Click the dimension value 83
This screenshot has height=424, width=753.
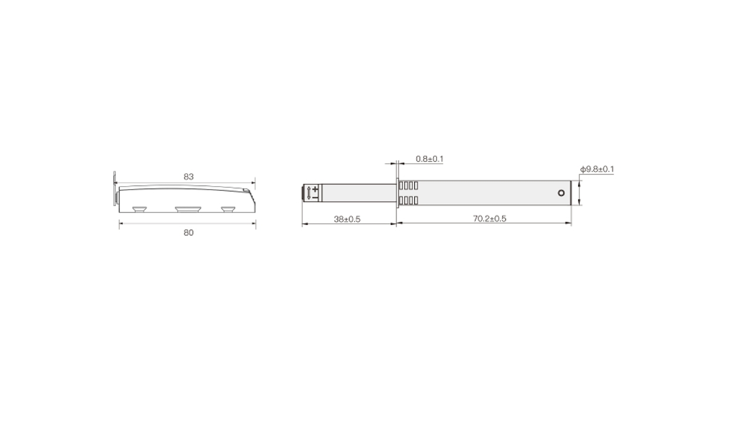(x=189, y=177)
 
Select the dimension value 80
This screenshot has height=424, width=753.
(x=189, y=233)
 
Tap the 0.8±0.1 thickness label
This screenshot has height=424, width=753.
(x=429, y=159)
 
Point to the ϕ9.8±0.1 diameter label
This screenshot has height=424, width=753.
(x=597, y=169)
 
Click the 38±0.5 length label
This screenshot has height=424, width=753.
(x=347, y=220)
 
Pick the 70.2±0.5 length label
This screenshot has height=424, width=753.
(x=489, y=218)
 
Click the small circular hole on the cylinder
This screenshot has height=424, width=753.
(x=561, y=193)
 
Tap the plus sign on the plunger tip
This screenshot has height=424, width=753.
(x=315, y=189)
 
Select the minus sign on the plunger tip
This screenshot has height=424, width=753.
(x=315, y=197)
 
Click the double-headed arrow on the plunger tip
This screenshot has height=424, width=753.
(x=309, y=193)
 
